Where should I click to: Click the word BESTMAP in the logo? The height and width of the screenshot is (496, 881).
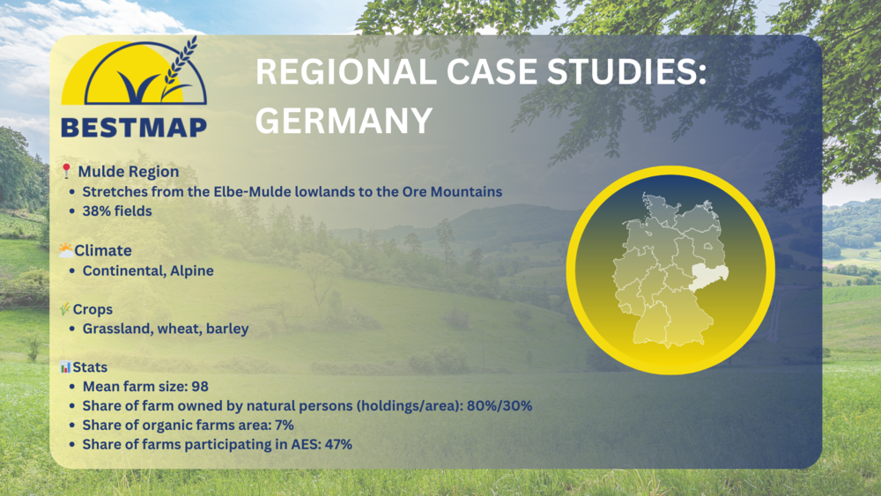point(134,128)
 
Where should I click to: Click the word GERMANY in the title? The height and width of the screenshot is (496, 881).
point(344,120)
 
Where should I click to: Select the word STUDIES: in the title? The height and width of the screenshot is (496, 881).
point(626,72)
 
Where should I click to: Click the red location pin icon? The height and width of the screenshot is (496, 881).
point(66,171)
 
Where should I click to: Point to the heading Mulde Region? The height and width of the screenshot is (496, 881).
point(128,171)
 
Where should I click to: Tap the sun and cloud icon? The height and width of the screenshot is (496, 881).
point(66,250)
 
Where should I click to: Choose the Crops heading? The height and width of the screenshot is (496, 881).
point(93,309)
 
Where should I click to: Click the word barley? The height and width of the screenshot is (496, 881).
point(227,329)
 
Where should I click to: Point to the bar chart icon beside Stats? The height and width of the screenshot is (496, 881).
point(66,366)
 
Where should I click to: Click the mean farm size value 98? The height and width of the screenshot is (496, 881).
point(200,387)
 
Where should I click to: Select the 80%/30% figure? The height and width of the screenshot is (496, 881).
point(500,405)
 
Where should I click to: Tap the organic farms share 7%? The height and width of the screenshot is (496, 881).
point(285,426)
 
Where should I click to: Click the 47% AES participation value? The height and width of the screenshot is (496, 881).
point(338,444)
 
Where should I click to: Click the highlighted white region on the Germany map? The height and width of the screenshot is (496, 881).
point(709,277)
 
